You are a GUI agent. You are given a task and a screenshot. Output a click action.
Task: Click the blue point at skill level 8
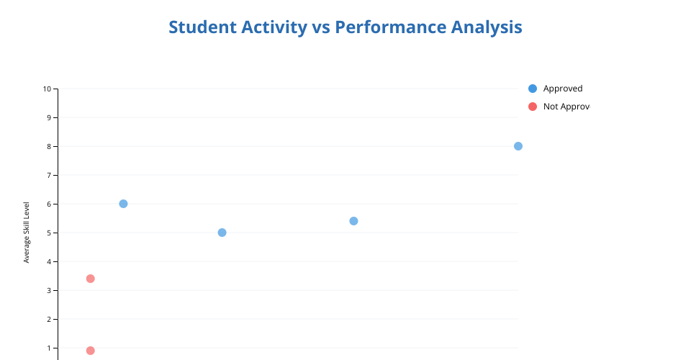[x=518, y=146]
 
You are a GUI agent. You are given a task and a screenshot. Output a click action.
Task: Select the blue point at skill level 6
[x=123, y=204]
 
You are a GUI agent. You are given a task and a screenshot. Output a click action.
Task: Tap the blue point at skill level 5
[x=222, y=233]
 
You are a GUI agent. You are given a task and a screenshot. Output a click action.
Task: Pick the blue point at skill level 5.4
[x=353, y=221]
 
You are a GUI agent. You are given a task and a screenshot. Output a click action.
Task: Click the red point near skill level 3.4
[x=91, y=279]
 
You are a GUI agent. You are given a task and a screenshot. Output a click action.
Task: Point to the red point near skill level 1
[x=91, y=351]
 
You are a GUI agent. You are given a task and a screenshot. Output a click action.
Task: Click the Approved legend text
[x=563, y=89]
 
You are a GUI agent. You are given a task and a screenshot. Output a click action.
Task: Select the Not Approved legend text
[x=566, y=107]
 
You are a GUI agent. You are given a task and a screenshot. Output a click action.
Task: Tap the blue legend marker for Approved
[x=533, y=89]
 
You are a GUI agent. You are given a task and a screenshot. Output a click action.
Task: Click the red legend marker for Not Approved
[x=533, y=107]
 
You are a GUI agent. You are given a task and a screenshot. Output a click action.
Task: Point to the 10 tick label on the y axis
[x=48, y=89]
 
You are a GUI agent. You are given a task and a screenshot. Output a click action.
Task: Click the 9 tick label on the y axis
[x=50, y=117]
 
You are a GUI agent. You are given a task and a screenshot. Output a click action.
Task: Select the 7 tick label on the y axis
[x=50, y=176]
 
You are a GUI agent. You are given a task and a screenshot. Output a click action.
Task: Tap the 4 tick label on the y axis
[x=50, y=262]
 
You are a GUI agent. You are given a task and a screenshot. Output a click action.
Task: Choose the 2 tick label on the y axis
[x=50, y=320]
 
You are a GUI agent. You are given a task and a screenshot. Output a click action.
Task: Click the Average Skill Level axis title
[x=27, y=233]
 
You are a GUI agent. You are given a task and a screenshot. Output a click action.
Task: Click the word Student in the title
[x=203, y=27]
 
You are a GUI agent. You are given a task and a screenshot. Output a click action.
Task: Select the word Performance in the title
[x=390, y=27]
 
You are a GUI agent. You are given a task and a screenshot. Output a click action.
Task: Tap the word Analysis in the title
[x=487, y=28]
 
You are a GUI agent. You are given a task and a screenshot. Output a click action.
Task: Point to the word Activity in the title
[x=274, y=28]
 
